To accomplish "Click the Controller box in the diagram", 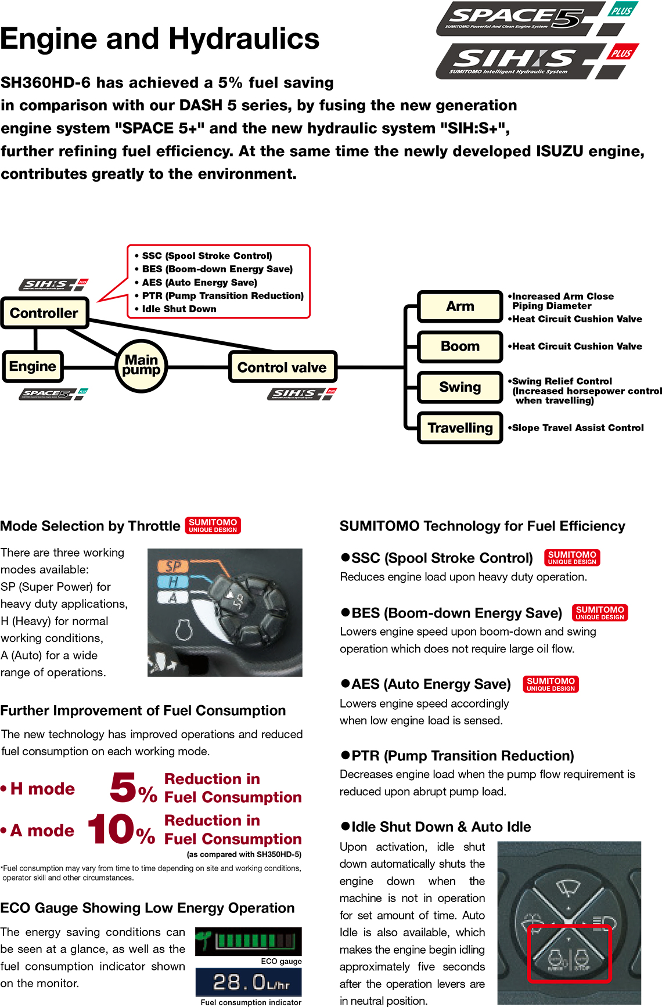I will pos(44,313).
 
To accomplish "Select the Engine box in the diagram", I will pos(33,366).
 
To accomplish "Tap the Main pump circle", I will pos(141,366).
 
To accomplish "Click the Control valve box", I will pos(282,367).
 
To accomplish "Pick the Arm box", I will pos(460,306).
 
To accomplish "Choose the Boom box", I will pos(460,347).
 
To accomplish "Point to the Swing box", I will pos(460,387).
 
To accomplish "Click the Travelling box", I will pos(460,428).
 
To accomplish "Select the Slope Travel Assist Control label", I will pos(577,428).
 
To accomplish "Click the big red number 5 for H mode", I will pos(123,788).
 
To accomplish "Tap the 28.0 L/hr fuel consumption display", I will pos(249,983).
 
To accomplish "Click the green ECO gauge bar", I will pos(249,940).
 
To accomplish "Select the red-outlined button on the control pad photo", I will pos(569,954).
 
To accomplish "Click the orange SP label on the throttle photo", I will pos(174,566).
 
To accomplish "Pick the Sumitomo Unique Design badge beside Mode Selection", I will pos(213,525).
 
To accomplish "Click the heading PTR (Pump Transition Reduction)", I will pos(462,756).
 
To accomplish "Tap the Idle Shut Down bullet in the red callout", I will pos(179,309).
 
